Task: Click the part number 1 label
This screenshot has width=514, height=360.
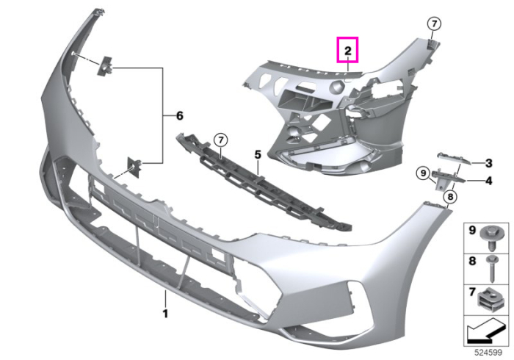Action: pyautogui.click(x=165, y=314)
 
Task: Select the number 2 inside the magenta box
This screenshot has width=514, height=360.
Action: pyautogui.click(x=348, y=51)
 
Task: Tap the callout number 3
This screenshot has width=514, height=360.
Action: pyautogui.click(x=488, y=163)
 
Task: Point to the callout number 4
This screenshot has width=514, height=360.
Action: pyautogui.click(x=488, y=181)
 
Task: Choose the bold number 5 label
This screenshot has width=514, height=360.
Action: pyautogui.click(x=258, y=154)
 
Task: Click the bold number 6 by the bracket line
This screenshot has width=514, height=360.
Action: pyautogui.click(x=180, y=116)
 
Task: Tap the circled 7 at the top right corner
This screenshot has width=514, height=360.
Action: pyautogui.click(x=434, y=24)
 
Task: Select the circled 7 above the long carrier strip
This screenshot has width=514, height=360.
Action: pyautogui.click(x=220, y=140)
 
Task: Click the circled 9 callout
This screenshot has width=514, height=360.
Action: pyautogui.click(x=423, y=173)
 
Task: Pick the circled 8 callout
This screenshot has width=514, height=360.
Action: pyautogui.click(x=450, y=197)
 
